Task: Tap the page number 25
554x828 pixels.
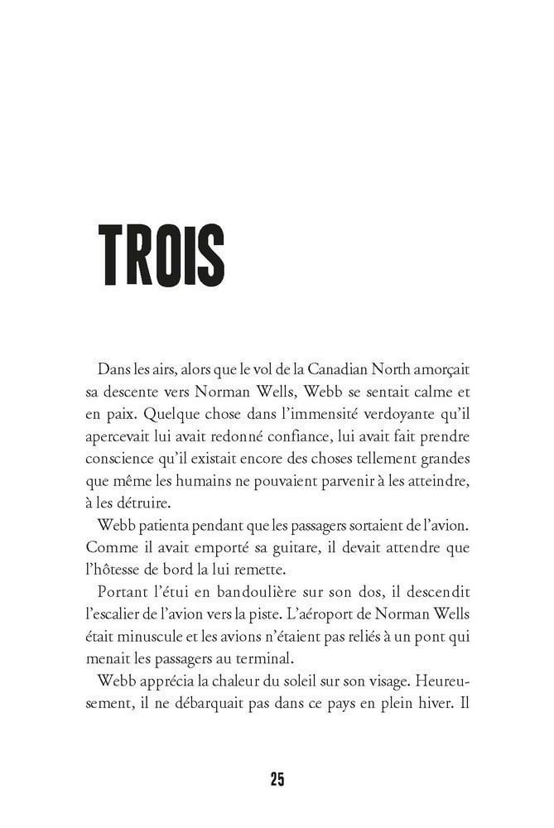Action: pyautogui.click(x=277, y=780)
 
